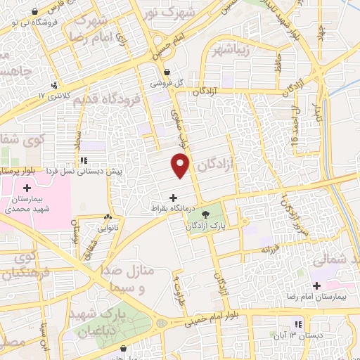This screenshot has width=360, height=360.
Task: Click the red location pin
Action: pyautogui.click(x=181, y=166)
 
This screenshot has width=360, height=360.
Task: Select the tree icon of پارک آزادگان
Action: pyautogui.click(x=205, y=214)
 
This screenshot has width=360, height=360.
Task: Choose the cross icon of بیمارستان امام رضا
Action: pyautogui.click(x=316, y=285)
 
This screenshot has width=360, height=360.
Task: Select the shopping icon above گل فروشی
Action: pyautogui.click(x=167, y=71)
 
